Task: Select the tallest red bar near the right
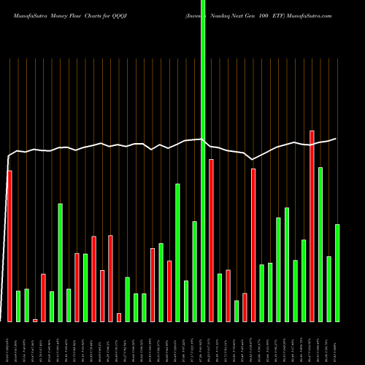(312, 226)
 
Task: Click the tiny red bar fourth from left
(35, 320)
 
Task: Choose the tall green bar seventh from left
(61, 262)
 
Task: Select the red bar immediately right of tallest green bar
(211, 240)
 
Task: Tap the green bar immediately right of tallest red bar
(320, 245)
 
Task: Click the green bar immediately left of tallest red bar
(304, 280)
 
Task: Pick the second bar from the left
(18, 306)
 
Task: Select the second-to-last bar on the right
(329, 288)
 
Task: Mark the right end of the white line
(336, 139)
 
